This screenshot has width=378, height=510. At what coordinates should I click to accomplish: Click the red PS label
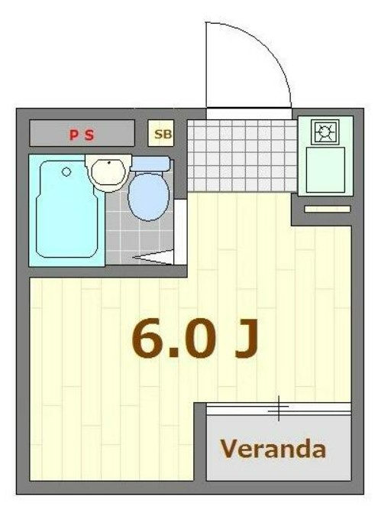tap(82, 135)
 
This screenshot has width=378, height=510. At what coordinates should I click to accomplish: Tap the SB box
tap(161, 133)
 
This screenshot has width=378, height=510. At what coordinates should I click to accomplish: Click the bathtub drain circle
tap(66, 172)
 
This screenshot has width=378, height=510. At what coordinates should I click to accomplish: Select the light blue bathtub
tap(67, 209)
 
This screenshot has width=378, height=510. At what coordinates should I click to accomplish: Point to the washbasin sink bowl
tap(108, 172)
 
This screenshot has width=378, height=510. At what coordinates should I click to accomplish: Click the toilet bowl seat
tap(149, 197)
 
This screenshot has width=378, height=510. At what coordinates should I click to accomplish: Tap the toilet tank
tap(150, 164)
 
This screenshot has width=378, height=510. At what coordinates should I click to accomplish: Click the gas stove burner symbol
tap(325, 132)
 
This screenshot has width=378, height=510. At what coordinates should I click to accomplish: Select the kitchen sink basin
tap(325, 170)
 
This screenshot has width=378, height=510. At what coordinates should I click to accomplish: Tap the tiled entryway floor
tap(242, 156)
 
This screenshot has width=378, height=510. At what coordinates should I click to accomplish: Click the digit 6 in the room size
tap(147, 338)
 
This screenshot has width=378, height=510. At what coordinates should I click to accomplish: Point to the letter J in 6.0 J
tap(247, 338)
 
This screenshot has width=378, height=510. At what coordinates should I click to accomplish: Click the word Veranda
tap(273, 449)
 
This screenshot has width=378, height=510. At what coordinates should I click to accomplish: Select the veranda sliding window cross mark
tap(278, 408)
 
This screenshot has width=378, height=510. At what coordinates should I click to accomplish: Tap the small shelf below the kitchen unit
tap(328, 210)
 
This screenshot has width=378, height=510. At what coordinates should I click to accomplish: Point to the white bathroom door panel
tap(180, 232)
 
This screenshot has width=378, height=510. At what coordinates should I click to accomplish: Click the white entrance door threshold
tap(249, 114)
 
